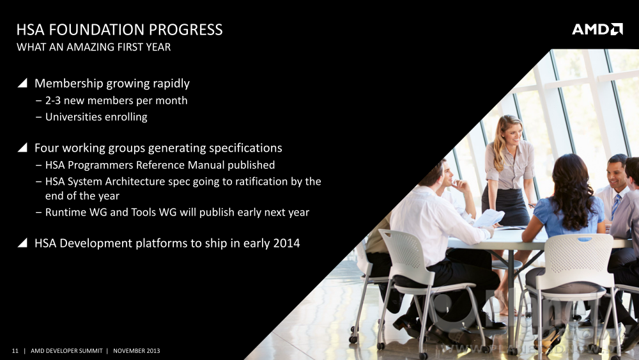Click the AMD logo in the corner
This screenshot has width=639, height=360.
pyautogui.click(x=597, y=29)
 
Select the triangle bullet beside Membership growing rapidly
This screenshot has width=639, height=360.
pyautogui.click(x=22, y=83)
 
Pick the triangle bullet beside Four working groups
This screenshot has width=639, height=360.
pyautogui.click(x=22, y=148)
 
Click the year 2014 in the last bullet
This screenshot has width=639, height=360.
pyautogui.click(x=286, y=243)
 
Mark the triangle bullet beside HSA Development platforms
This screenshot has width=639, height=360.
pyautogui.click(x=22, y=243)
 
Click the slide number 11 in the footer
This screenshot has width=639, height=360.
pyautogui.click(x=15, y=350)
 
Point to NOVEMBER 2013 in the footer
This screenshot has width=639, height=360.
pyautogui.click(x=137, y=350)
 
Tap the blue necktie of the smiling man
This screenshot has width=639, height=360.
pyautogui.click(x=615, y=206)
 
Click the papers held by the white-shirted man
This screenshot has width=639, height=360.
pyautogui.click(x=489, y=217)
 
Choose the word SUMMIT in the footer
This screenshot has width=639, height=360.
pyautogui.click(x=91, y=350)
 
